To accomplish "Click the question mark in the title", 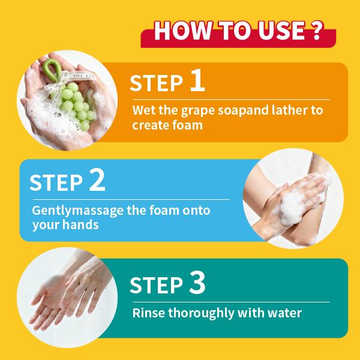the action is click(x=317, y=31).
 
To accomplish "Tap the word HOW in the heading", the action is click(x=183, y=31).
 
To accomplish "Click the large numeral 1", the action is click(x=197, y=80).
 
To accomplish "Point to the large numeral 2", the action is click(x=97, y=179).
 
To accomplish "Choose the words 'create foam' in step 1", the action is click(x=167, y=125).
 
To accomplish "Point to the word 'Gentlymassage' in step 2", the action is click(x=77, y=211).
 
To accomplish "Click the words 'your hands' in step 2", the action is click(x=65, y=224).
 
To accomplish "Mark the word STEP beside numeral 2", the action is click(x=56, y=182).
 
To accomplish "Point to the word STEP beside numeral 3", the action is click(x=156, y=285).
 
